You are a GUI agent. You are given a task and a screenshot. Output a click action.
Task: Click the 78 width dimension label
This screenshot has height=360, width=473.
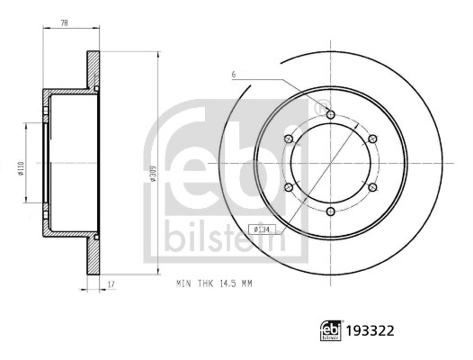[x=64, y=23]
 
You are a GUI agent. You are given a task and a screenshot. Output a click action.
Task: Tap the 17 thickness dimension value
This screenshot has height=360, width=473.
[x=112, y=283]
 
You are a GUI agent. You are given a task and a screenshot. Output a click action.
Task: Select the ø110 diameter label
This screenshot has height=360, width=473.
[x=21, y=168]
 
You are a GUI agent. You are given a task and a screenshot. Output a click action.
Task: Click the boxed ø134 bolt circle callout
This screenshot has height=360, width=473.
[x=261, y=229]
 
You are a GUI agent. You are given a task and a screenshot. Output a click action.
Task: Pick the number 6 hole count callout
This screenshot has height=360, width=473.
[x=234, y=75]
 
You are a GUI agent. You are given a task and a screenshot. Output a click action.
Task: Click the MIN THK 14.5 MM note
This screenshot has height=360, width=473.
[x=214, y=283]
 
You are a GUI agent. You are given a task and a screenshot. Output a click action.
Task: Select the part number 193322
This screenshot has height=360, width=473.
[x=370, y=331]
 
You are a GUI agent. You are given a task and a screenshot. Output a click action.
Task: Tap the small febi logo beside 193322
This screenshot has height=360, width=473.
[x=331, y=330]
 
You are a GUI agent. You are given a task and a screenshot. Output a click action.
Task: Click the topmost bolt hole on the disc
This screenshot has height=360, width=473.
[x=331, y=115]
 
